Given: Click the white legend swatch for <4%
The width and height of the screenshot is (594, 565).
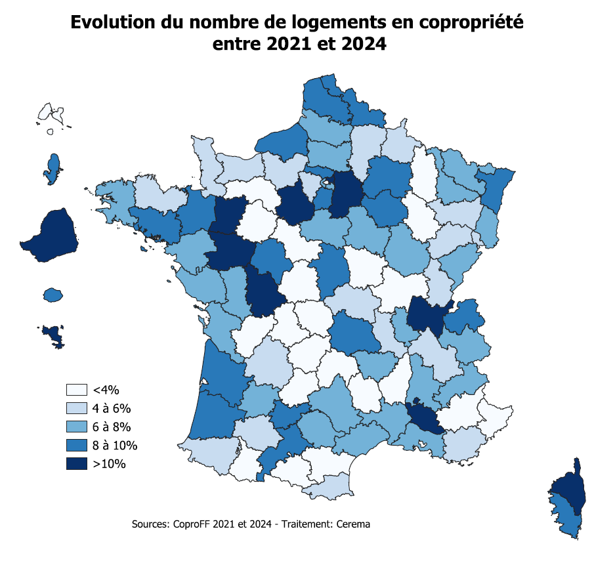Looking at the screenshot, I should click(x=76, y=389).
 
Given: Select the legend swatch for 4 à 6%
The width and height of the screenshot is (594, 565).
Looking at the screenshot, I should click(x=76, y=408).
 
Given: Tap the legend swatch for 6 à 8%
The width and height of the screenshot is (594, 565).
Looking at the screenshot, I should click(x=76, y=427).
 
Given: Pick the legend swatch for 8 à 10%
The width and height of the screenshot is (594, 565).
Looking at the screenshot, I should click(x=76, y=446).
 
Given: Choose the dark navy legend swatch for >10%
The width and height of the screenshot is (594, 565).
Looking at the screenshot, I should click(x=76, y=464).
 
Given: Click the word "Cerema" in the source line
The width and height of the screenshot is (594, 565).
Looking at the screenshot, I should click(x=352, y=524).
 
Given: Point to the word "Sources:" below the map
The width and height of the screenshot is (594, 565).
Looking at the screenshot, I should click(x=150, y=524).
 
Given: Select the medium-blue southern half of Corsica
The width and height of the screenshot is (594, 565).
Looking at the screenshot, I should click(x=565, y=516).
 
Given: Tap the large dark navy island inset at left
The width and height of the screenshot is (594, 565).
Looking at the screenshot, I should click(x=51, y=236).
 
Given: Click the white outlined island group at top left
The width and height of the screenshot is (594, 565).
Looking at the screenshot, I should click(x=51, y=114).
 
